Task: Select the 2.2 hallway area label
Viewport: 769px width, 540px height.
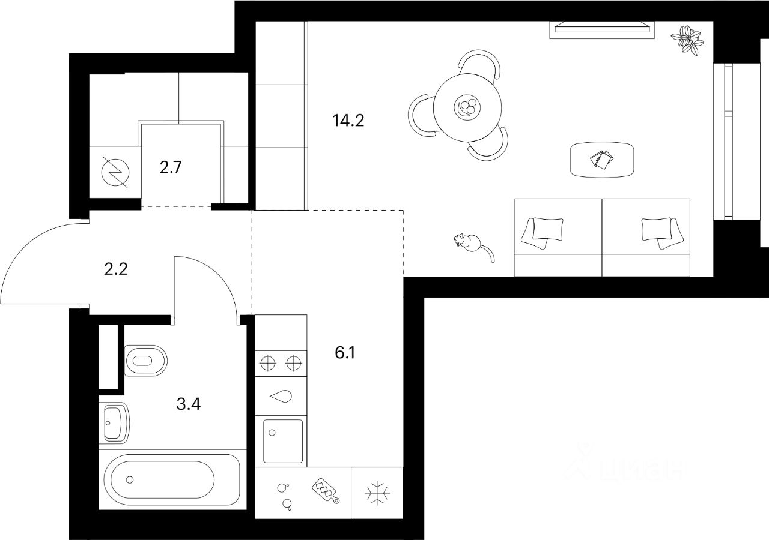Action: coord(115,269)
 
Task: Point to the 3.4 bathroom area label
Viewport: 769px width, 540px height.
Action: coord(188,403)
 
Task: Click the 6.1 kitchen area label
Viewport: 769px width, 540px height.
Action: coord(345,353)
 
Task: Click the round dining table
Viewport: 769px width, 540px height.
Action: coord(467,108)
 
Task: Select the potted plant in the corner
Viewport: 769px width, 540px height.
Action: coord(688,40)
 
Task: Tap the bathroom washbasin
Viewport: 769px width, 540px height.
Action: coord(114,422)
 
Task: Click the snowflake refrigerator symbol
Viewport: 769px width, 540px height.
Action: coord(377,493)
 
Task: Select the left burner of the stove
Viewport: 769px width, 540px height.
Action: coord(267,362)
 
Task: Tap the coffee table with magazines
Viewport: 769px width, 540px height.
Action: coord(601,160)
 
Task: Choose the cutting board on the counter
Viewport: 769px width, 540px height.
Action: coord(324,491)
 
